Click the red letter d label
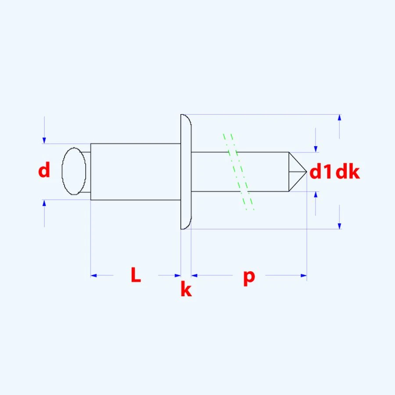coord(44,170)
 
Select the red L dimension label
coord(136,275)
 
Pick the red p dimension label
coord(249,276)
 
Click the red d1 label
coord(321,172)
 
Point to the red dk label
coord(348,172)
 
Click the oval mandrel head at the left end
coord(74,172)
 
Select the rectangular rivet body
coord(135,172)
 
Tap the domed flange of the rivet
coord(186,172)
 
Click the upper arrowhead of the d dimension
coord(44,140)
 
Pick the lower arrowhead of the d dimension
coord(44,203)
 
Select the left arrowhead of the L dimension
coord(93,276)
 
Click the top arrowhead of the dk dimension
coord(339,118)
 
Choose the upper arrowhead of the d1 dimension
coord(316,149)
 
